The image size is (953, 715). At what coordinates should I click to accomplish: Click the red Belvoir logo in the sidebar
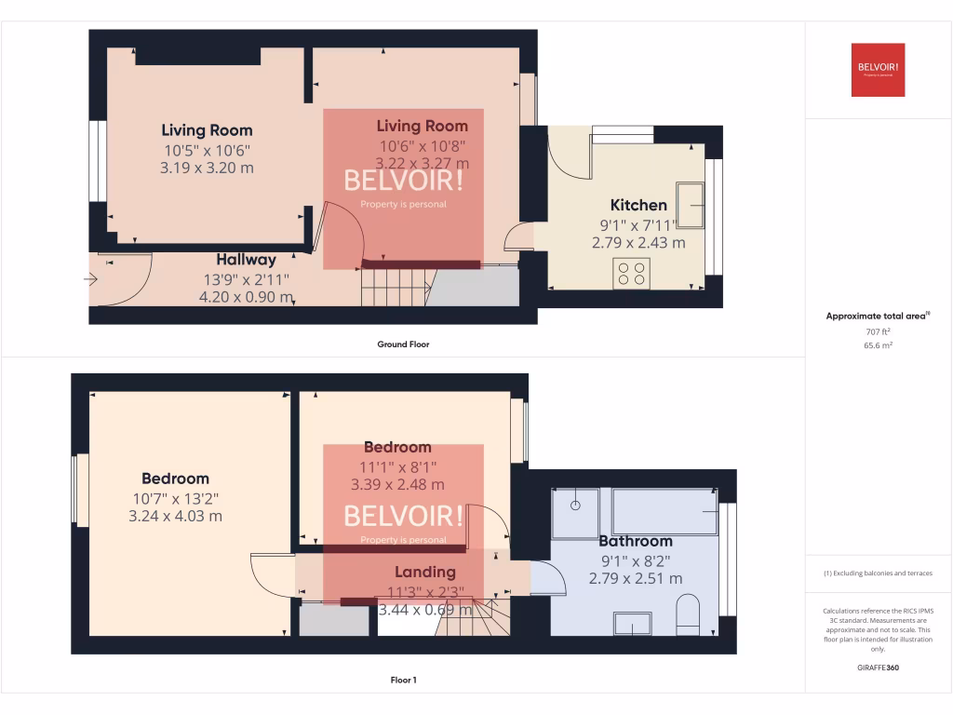coord(878,70)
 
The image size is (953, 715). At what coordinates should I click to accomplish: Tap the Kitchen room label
coord(638,205)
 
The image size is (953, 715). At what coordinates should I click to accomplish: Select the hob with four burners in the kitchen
coord(632,273)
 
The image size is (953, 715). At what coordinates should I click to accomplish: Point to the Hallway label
coord(247,260)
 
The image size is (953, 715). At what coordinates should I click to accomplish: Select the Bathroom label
coord(635,541)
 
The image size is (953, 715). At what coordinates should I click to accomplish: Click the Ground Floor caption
coord(403,344)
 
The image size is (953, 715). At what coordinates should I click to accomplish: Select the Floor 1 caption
coord(403,681)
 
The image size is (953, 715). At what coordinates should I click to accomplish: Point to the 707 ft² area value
coord(878,331)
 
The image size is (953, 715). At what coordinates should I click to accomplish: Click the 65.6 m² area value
coord(878,344)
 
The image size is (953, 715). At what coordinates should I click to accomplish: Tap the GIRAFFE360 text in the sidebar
coord(878,668)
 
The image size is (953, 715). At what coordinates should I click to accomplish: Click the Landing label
coord(424,572)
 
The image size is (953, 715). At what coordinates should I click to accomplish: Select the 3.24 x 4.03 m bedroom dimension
coord(175,516)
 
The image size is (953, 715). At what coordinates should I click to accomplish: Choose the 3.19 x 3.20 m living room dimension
coord(208,169)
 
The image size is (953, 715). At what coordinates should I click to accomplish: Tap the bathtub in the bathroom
coord(664,512)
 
